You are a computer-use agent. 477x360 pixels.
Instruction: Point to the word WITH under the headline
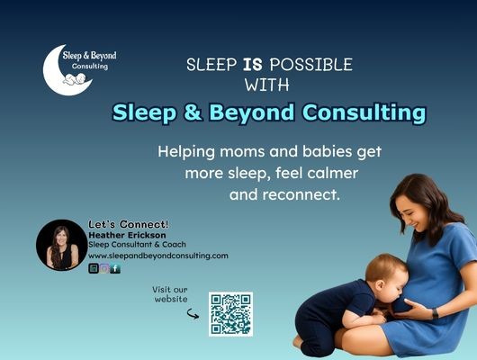tap(267, 86)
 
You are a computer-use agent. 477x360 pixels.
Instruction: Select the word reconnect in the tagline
tap(312, 193)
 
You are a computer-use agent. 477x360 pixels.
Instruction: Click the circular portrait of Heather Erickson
tap(61, 245)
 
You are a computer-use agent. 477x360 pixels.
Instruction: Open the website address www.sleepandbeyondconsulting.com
tap(157, 256)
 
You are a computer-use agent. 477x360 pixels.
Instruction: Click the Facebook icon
tap(115, 268)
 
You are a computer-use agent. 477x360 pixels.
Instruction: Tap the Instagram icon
tap(104, 268)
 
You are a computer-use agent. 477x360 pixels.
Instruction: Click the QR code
tap(230, 313)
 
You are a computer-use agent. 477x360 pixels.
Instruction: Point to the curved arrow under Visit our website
tap(192, 314)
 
